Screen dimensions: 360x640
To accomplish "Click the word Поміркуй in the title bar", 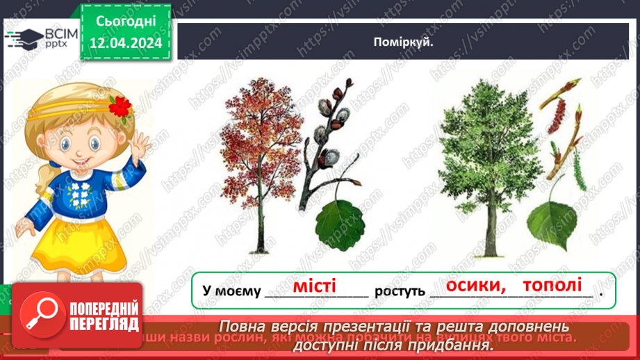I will click(404, 42).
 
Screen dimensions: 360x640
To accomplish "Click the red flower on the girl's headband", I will click(121, 106).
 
